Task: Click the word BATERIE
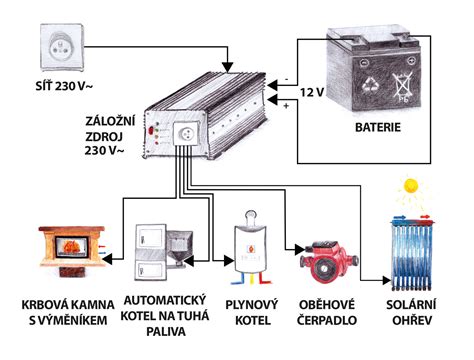385,128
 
